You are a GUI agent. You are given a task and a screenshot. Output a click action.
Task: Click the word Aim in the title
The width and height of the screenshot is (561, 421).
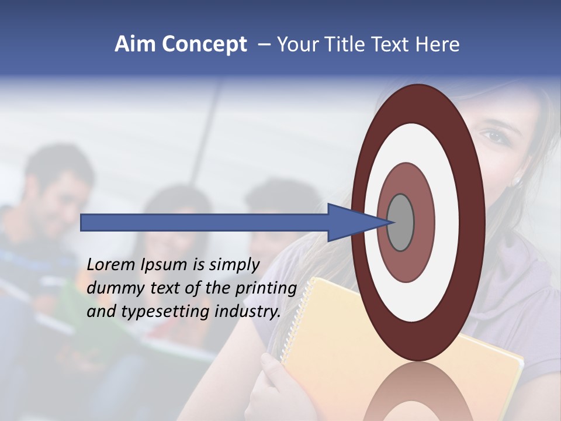pos(134,44)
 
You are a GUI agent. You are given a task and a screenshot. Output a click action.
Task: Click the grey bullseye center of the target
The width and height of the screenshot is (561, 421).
pos(401,223)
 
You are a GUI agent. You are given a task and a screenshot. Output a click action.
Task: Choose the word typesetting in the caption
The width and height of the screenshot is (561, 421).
pos(164,312)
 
